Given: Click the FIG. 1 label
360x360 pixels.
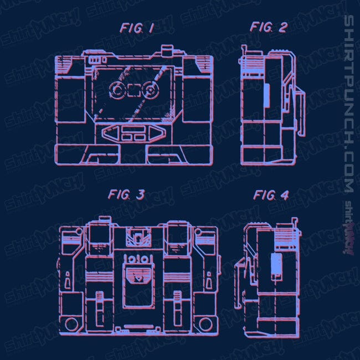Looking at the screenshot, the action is click(137, 28).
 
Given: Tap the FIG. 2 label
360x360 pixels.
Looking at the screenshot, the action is click(269, 27).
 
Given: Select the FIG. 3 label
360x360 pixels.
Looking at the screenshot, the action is click(126, 195).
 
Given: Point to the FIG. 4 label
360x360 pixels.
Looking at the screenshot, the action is click(271, 196).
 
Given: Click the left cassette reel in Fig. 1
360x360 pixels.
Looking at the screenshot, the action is click(117, 90).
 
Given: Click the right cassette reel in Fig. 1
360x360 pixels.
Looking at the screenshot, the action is click(151, 90).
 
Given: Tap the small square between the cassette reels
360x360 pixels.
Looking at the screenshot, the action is click(134, 90).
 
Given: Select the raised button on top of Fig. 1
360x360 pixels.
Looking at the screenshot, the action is click(167, 50).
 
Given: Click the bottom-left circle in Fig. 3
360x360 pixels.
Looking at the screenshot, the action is click(71, 324).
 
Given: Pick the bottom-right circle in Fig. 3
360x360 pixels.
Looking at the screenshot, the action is click(205, 324).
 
